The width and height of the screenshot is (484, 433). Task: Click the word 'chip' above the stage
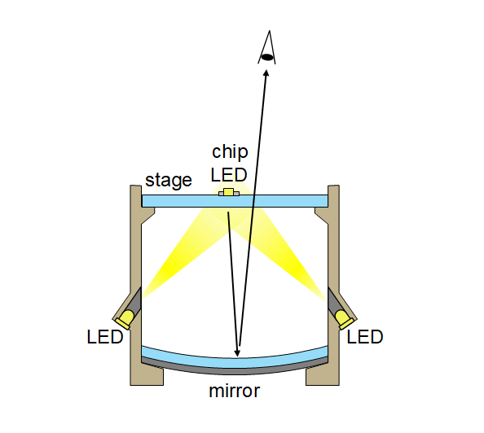click(230, 152)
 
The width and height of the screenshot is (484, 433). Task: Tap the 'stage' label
click(169, 180)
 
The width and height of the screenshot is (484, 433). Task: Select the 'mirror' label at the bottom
click(235, 391)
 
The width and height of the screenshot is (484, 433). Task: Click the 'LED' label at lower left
click(105, 337)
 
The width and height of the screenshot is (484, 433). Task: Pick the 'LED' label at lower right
click(365, 337)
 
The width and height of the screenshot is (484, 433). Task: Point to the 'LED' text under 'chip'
click(229, 175)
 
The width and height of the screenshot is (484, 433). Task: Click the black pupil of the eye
click(267, 57)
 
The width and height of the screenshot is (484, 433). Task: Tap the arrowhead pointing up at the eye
click(266, 73)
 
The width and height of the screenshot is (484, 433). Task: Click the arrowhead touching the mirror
click(237, 353)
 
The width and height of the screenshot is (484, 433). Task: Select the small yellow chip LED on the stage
click(229, 192)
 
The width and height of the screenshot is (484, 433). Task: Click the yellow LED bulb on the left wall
click(125, 319)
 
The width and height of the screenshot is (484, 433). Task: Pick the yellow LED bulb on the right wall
click(345, 319)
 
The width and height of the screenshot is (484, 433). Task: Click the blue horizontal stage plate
click(235, 201)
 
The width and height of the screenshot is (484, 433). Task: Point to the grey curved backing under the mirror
click(235, 370)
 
